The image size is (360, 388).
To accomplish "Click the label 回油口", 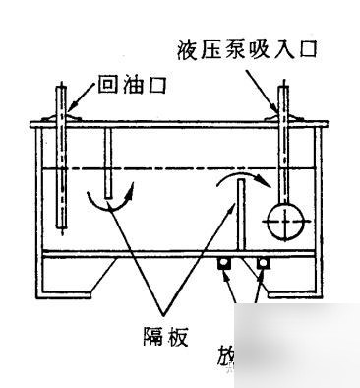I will (131, 86).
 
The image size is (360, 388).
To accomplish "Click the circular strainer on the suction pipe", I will (283, 223).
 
